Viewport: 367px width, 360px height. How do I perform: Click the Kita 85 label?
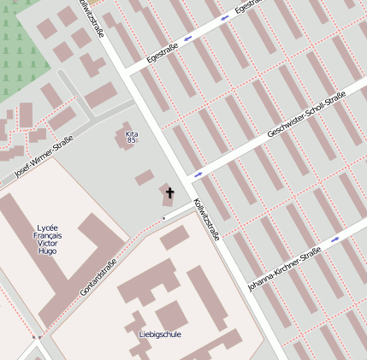tap(131, 138)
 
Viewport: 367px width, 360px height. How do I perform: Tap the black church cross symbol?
tap(169, 192)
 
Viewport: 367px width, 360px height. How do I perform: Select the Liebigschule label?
tap(160, 333)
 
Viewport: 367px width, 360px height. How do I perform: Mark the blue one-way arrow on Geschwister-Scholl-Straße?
tap(198, 175)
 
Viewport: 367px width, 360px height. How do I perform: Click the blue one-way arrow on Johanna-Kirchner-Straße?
tap(335, 239)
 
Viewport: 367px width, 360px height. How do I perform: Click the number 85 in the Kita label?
tap(131, 141)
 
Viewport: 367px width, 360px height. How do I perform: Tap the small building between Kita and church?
tap(145, 177)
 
